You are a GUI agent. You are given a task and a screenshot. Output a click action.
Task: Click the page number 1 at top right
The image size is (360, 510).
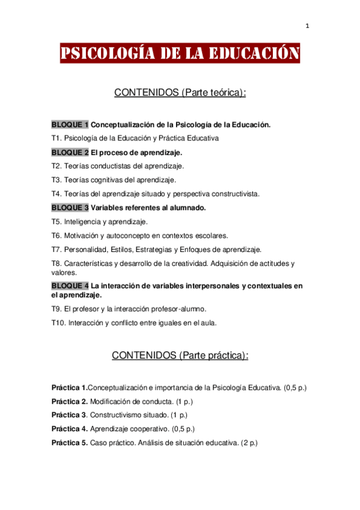pyautogui.click(x=307, y=26)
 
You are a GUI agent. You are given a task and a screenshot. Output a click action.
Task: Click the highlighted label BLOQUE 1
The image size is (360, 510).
pyautogui.click(x=70, y=124)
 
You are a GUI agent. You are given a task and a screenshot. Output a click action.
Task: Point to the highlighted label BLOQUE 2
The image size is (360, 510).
pyautogui.click(x=70, y=152)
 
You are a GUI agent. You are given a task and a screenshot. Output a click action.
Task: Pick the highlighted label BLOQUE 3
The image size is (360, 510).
pyautogui.click(x=70, y=207)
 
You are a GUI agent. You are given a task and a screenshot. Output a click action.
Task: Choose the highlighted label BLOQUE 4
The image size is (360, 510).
pyautogui.click(x=70, y=285)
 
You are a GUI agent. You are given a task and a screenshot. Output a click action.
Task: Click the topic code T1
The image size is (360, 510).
pyautogui.click(x=56, y=138)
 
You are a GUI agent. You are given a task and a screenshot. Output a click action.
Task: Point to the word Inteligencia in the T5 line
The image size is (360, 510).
pyautogui.click(x=83, y=221)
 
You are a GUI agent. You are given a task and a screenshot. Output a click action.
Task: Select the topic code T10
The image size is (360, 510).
pyautogui.click(x=58, y=322)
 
